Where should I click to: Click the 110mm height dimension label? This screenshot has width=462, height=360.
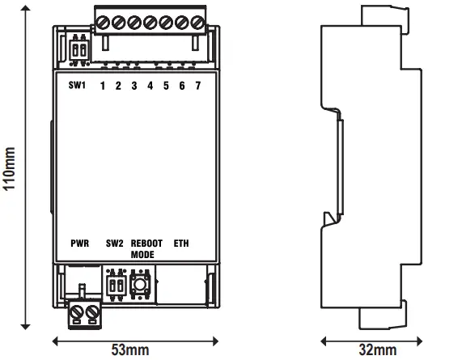(x=9, y=168)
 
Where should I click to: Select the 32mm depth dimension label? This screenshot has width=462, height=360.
(x=376, y=350)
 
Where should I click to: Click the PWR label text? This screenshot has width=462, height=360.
(x=79, y=243)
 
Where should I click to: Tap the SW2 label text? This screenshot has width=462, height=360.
(x=114, y=243)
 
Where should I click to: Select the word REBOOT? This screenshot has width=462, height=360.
(x=146, y=243)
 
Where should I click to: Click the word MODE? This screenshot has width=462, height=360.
(x=142, y=254)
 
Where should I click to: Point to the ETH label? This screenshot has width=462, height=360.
(x=181, y=243)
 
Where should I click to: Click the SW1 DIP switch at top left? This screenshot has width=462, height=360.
(x=79, y=49)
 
